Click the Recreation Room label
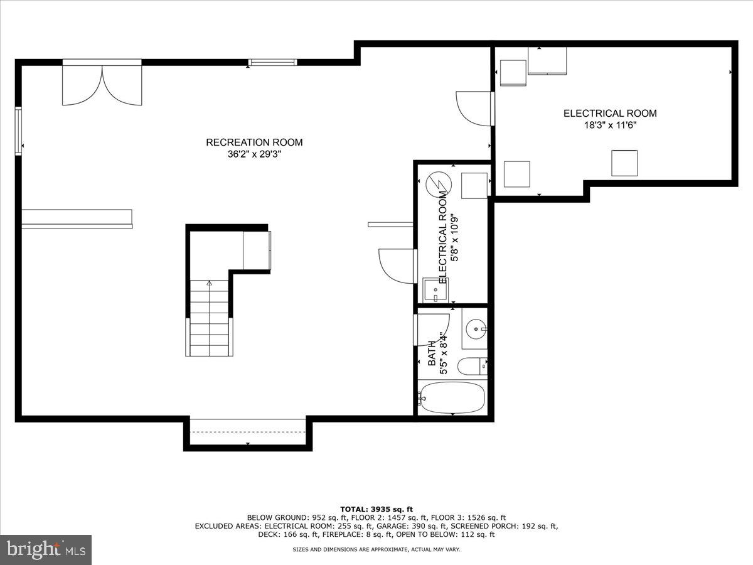pos(254,143)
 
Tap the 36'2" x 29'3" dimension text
pos(254,154)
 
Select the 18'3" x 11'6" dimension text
pos(610,125)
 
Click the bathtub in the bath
pos(452,397)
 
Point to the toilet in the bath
pos(471,365)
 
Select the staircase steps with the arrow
pos(209,320)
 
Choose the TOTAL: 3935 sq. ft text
pos(376,509)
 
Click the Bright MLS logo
pos(46,550)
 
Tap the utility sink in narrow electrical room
pos(434,290)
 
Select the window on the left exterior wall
pos(19,131)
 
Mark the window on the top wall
pos(272,62)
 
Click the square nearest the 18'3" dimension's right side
pos(624,163)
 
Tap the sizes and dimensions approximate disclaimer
pos(376,549)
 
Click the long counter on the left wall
pos(77,218)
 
